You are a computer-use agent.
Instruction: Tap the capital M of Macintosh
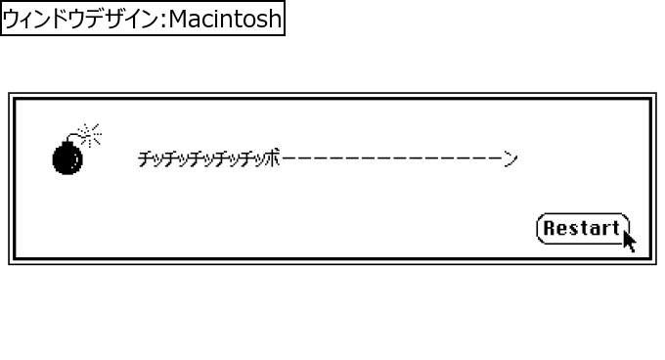coord(178,19)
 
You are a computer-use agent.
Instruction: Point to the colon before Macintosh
coord(162,20)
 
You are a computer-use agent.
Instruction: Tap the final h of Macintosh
coord(274,19)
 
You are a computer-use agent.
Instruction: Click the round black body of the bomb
coord(67,158)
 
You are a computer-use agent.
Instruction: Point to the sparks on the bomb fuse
coord(91,133)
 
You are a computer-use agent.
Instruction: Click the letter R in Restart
coord(550,229)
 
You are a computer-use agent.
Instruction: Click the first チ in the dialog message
coord(145,158)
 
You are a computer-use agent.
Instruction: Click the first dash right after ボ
coord(287,158)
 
